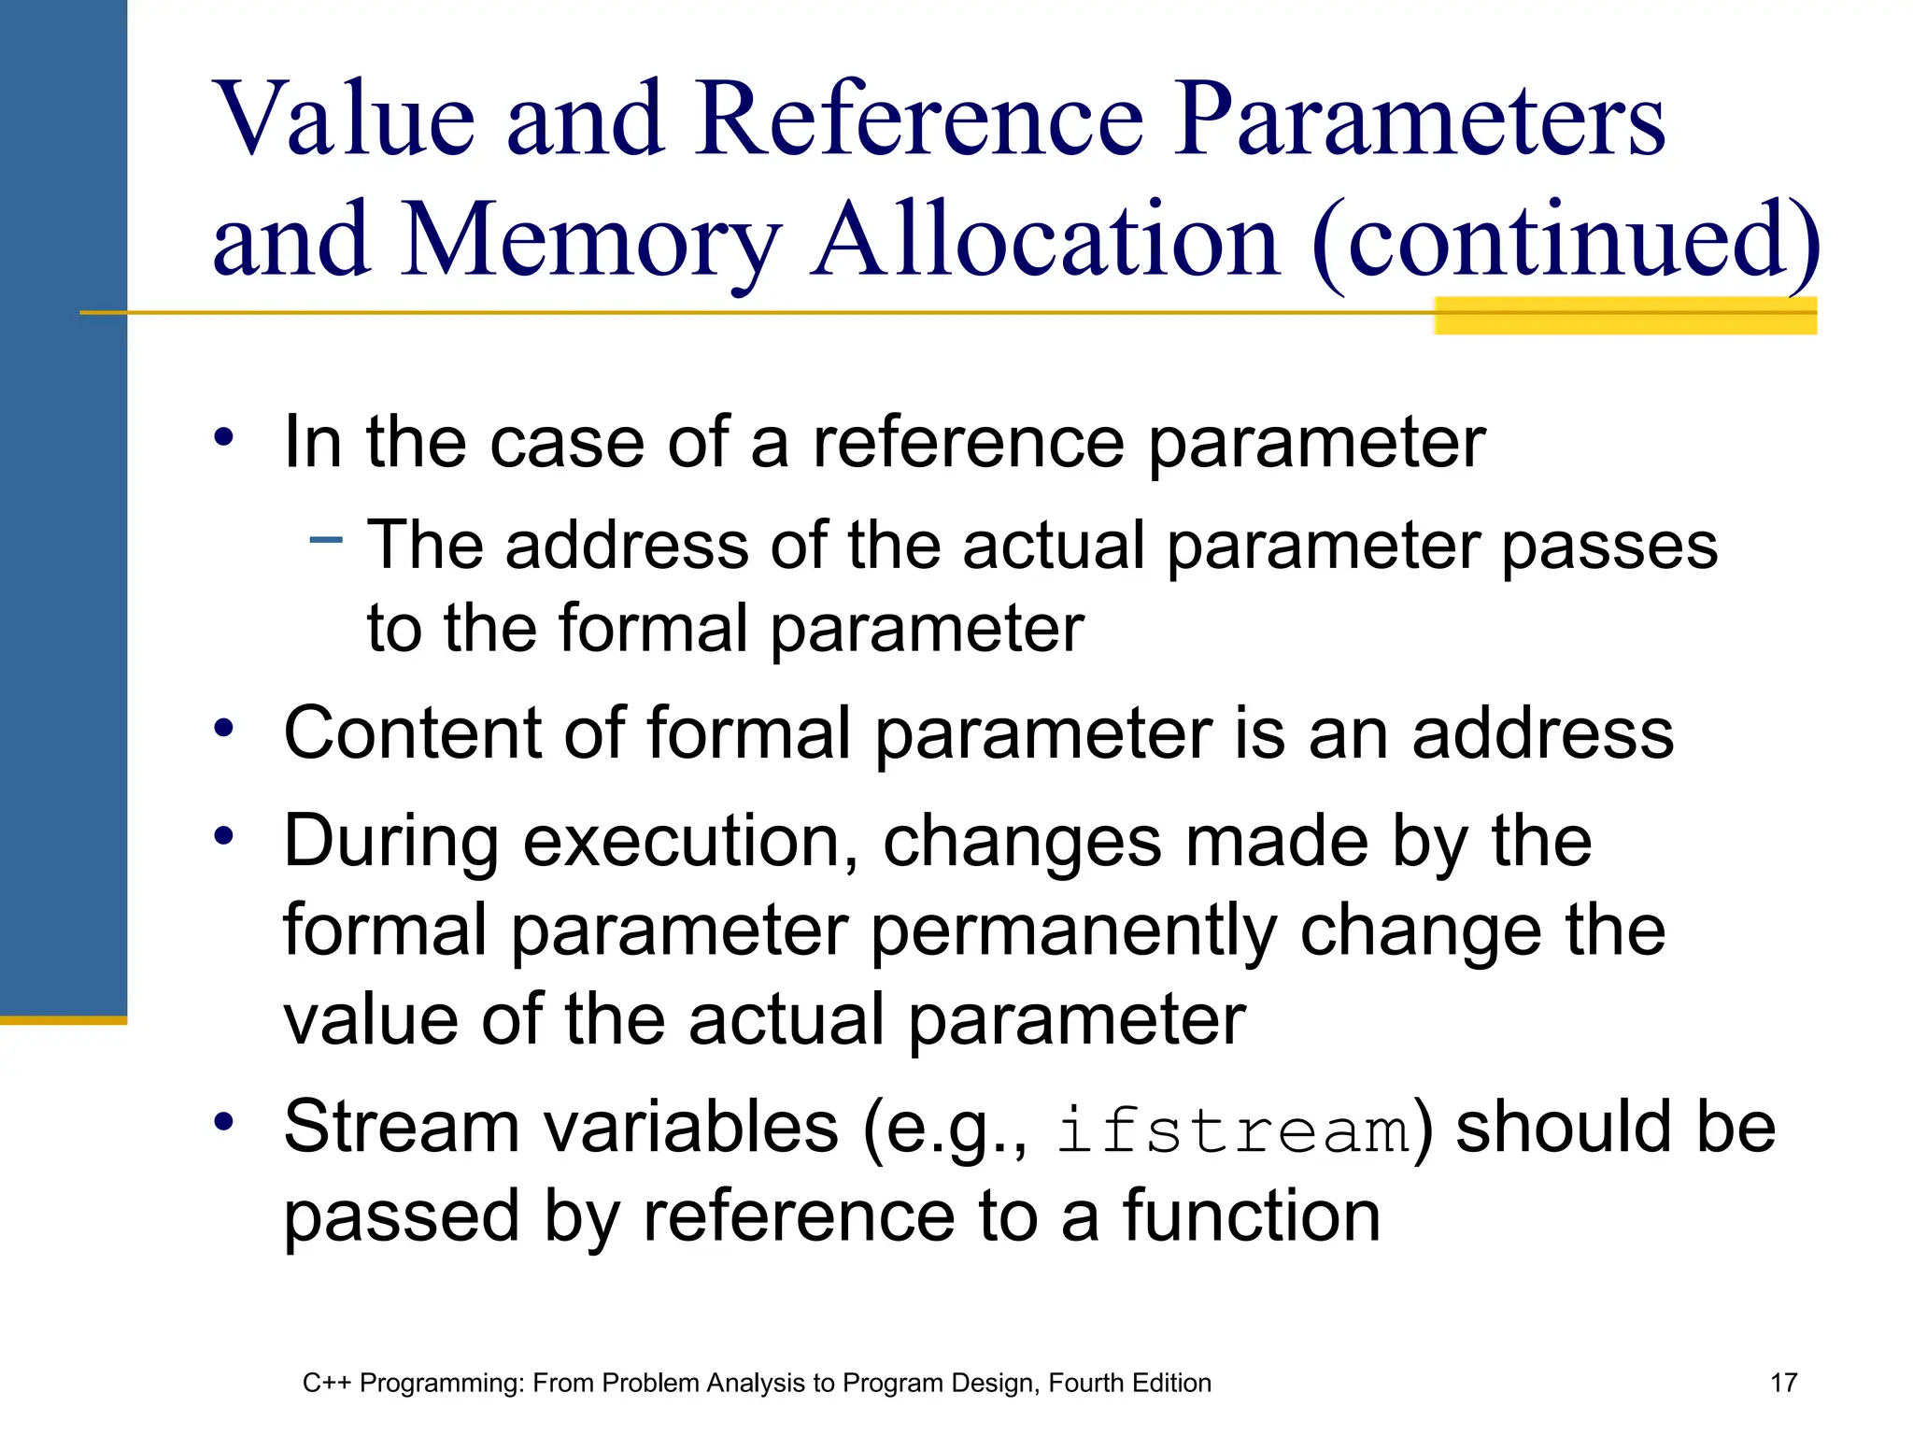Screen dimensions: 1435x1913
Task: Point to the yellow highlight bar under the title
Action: (x=1624, y=316)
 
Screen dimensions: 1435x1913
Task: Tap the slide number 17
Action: (x=1783, y=1383)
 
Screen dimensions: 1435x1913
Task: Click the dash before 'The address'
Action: (x=326, y=539)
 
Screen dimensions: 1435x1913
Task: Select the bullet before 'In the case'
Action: (x=223, y=436)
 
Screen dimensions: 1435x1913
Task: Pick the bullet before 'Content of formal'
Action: (x=223, y=728)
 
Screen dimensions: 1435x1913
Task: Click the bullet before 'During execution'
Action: (x=223, y=836)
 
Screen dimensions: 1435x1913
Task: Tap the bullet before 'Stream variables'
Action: (x=223, y=1121)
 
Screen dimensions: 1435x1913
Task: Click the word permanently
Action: (x=1073, y=932)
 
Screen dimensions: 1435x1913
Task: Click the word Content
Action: (x=411, y=734)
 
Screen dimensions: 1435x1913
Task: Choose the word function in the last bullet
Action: (x=1251, y=1216)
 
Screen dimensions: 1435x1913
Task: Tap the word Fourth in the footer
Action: (x=1084, y=1384)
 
